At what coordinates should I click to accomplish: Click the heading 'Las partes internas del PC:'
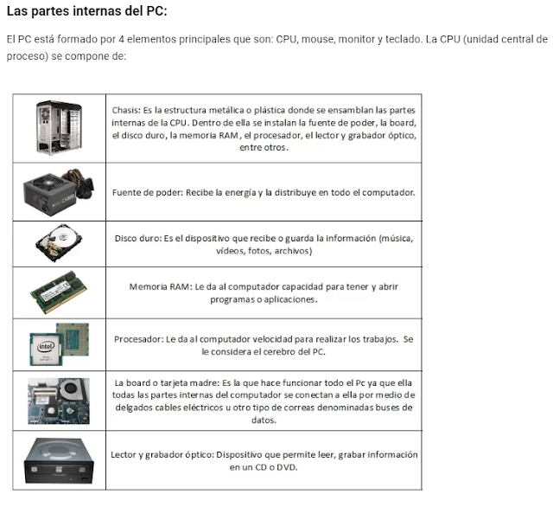coord(86,12)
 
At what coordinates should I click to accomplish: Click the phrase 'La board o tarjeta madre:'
coord(167,382)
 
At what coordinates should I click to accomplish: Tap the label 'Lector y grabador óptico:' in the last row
coord(162,454)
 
